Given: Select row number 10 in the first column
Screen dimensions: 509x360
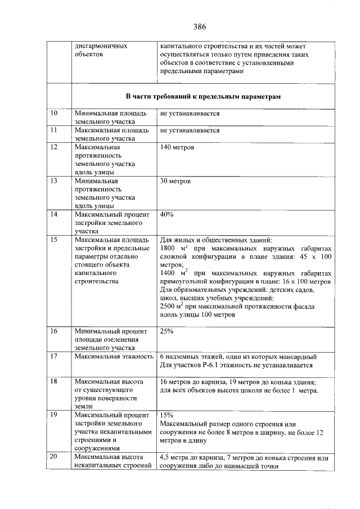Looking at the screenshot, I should (55, 114).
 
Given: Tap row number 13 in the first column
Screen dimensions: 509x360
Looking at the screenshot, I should (55, 182).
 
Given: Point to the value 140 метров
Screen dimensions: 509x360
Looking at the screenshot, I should (177, 147).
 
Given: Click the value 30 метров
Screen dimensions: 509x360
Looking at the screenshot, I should (175, 182).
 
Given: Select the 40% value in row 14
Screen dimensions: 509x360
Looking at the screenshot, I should (167, 215).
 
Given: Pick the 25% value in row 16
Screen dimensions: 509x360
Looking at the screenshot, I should (167, 331).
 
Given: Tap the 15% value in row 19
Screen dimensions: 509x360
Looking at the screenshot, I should (166, 415).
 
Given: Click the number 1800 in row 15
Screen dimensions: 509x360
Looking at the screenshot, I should (168, 248).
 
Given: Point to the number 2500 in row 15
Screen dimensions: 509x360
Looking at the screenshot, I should (168, 306).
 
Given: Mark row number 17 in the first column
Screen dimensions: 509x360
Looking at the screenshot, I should (55, 357).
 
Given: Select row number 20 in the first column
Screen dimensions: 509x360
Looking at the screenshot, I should (55, 457).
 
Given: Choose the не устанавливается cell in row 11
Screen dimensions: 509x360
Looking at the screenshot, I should (190, 130).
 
